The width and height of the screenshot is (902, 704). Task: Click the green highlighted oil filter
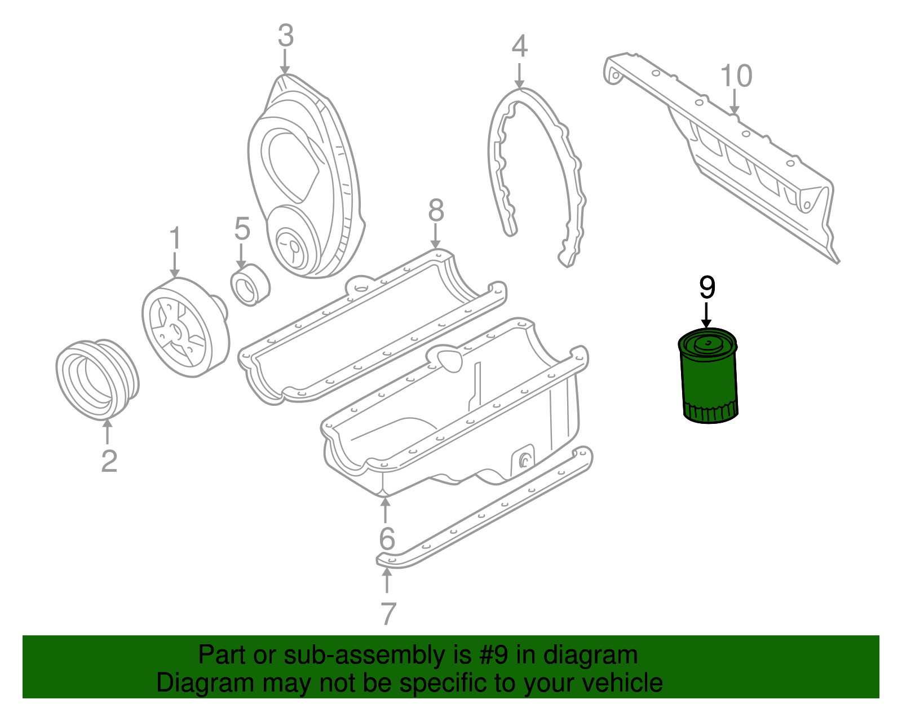pyautogui.click(x=708, y=375)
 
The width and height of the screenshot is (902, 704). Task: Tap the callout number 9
pyautogui.click(x=708, y=287)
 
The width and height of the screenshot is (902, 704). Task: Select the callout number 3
pyautogui.click(x=286, y=36)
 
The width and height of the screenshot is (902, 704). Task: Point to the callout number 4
pyautogui.click(x=520, y=46)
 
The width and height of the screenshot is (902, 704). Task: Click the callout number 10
pyautogui.click(x=736, y=76)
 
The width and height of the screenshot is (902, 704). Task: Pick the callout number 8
pyautogui.click(x=436, y=210)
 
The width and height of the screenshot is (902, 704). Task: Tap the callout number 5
pyautogui.click(x=242, y=228)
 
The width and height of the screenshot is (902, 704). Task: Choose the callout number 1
pyautogui.click(x=175, y=238)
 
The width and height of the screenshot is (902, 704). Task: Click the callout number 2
pyautogui.click(x=109, y=461)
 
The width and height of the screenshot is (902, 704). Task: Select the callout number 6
pyautogui.click(x=387, y=538)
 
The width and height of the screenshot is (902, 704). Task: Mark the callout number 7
pyautogui.click(x=388, y=613)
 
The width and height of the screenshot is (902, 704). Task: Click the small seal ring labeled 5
pyautogui.click(x=250, y=285)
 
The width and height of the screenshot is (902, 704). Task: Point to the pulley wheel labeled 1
pyautogui.click(x=185, y=327)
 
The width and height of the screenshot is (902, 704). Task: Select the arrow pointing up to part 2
pyautogui.click(x=108, y=431)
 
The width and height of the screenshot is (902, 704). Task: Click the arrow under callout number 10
pyautogui.click(x=735, y=102)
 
